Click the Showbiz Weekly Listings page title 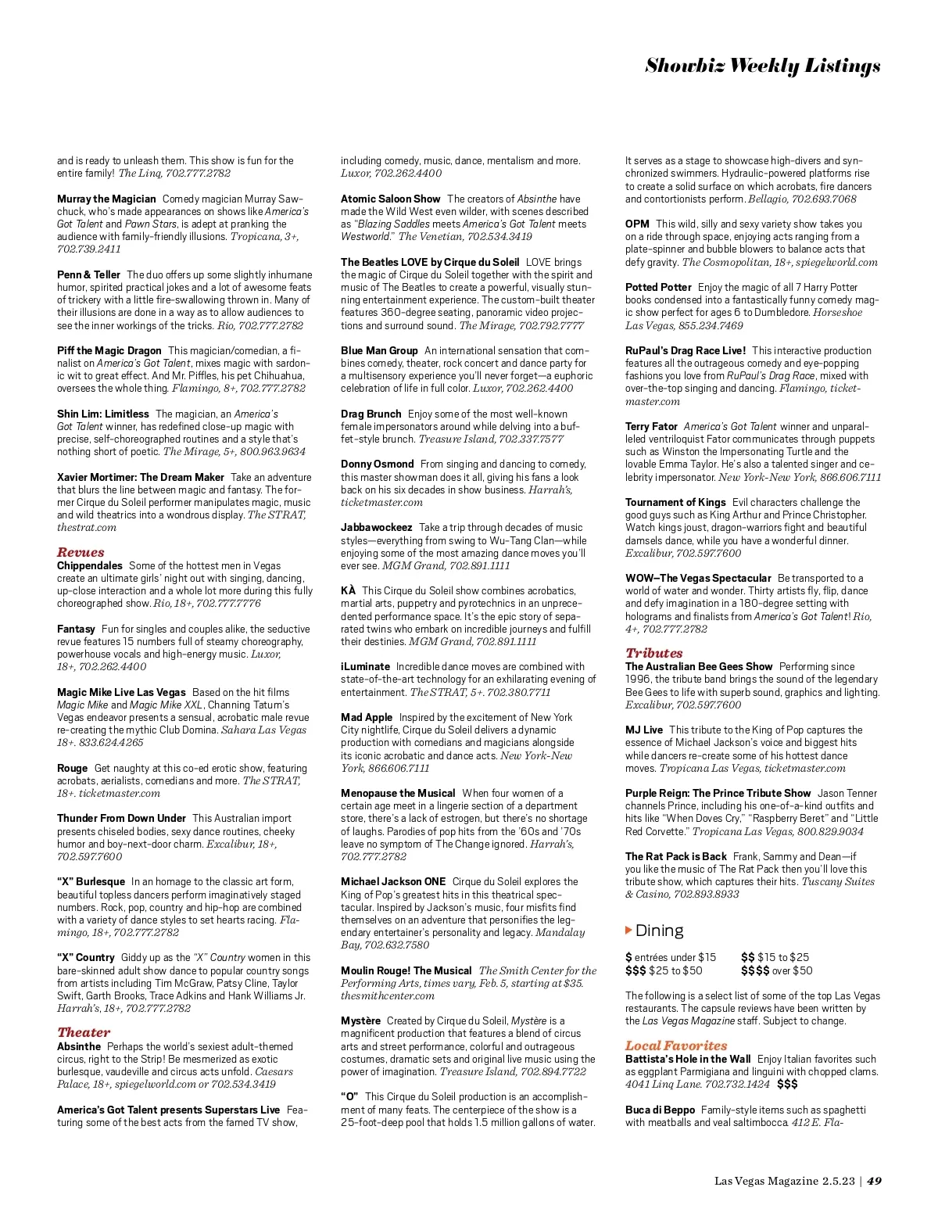point(762,66)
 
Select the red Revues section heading point(81,552)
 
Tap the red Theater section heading point(84,1032)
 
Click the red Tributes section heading point(653,653)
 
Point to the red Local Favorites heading point(675,1045)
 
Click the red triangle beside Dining point(628,930)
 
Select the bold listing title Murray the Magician point(106,199)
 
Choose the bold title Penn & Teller point(88,274)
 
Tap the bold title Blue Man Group point(379,350)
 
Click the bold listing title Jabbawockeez point(376,527)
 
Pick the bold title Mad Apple point(367,717)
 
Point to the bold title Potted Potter point(658,287)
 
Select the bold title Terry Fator point(651,426)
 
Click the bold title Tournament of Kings point(675,502)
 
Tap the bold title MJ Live point(643,730)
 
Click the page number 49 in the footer point(874,1181)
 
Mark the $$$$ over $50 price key point(776,970)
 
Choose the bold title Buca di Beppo point(660,1110)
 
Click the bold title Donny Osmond point(377,464)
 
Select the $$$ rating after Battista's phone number point(787,1084)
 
